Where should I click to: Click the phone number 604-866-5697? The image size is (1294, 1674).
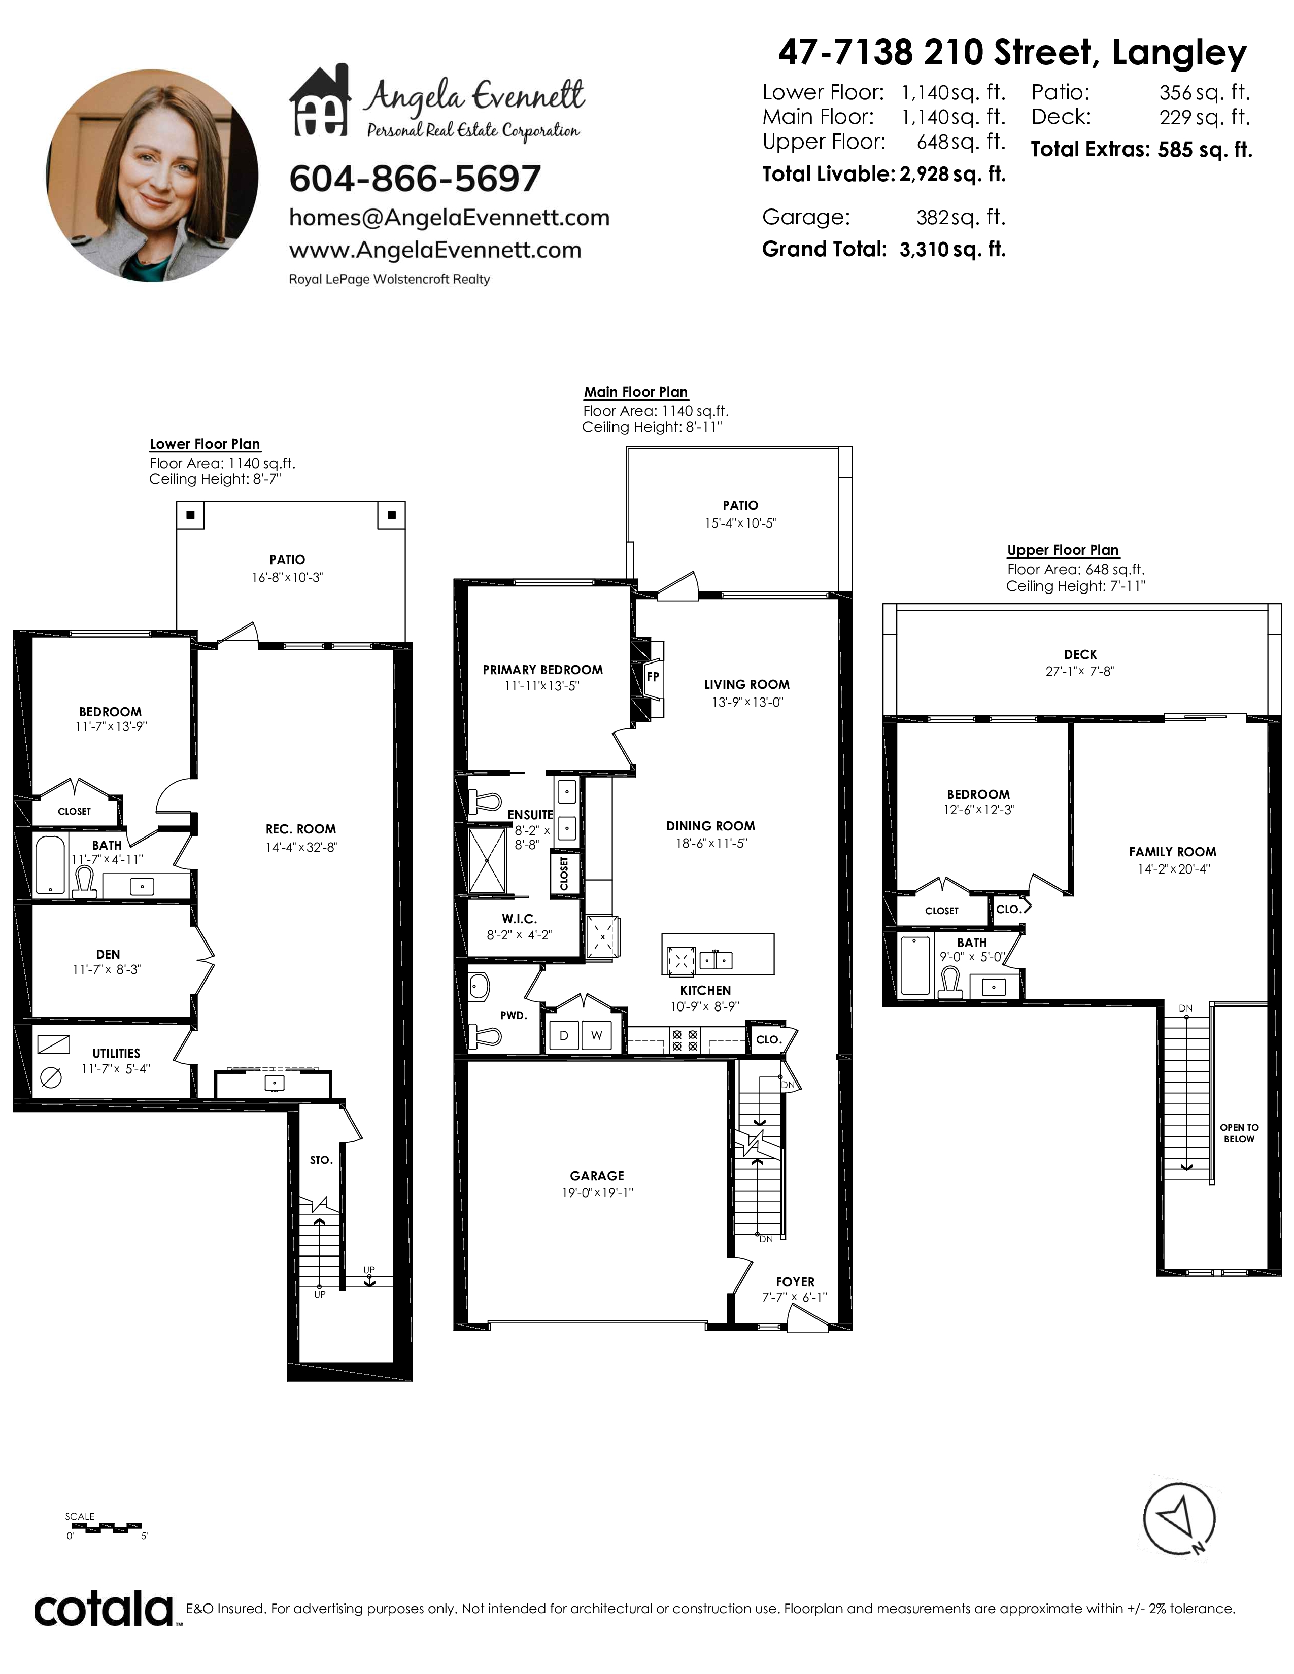pos(415,179)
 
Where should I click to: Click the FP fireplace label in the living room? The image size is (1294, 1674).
pos(653,677)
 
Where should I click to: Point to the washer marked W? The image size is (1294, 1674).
pos(596,1035)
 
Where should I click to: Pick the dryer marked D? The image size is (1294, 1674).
pos(563,1035)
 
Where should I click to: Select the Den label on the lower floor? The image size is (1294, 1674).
pos(108,954)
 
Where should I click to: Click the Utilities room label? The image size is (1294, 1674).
pos(117,1053)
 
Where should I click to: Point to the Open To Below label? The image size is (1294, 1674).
pos(1240,1133)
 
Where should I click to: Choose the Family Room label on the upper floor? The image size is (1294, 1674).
pos(1172,852)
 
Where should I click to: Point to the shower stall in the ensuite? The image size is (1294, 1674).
pos(488,861)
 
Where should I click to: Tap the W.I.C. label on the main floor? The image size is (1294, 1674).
pos(520,918)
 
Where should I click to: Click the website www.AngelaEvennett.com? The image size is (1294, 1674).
pos(435,250)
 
